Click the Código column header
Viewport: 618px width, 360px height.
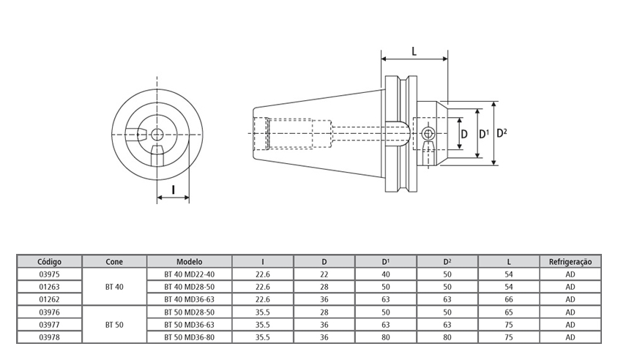(x=49, y=261)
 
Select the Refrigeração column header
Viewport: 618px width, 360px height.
(x=570, y=261)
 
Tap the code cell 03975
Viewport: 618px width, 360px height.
(x=49, y=274)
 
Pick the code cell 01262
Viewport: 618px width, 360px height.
(x=49, y=299)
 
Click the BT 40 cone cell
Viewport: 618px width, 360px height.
(x=114, y=286)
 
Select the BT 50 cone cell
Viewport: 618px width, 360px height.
(x=114, y=323)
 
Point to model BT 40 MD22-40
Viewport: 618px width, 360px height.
(x=189, y=274)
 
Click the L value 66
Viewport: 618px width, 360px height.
(x=508, y=299)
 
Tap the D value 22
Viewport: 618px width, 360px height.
(x=324, y=274)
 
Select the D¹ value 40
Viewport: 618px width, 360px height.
(x=386, y=274)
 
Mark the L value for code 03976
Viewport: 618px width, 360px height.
(x=508, y=311)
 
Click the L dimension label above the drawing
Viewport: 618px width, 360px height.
(x=414, y=51)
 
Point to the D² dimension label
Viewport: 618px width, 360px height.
(x=502, y=133)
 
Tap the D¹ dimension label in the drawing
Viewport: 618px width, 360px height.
(x=483, y=134)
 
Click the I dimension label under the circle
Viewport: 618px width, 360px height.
(x=173, y=190)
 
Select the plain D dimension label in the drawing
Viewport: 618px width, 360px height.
(x=463, y=134)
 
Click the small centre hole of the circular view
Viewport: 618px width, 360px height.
(x=157, y=133)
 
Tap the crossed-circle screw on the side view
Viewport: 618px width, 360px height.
(x=428, y=134)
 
